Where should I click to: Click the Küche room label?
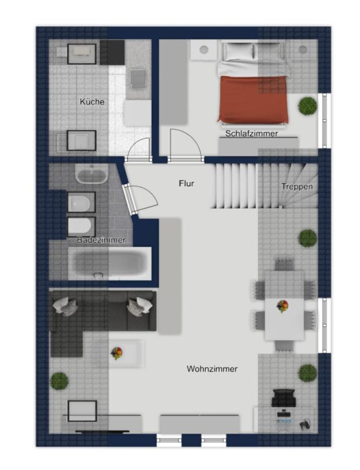[92, 101]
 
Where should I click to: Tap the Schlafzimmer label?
[251, 134]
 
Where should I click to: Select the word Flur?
[186, 183]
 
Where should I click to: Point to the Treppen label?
[297, 186]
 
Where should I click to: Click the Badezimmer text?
[101, 240]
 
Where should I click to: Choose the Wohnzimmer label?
[212, 369]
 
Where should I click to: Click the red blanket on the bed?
[254, 100]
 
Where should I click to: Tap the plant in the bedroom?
[307, 105]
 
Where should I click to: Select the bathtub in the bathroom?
[110, 263]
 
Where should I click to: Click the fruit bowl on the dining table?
[282, 306]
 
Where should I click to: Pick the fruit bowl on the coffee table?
[117, 353]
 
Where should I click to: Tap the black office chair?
[284, 398]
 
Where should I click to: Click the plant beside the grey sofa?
[59, 381]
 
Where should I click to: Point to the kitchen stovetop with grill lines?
[138, 79]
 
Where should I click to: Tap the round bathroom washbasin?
[92, 174]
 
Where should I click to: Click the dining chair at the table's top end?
[285, 264]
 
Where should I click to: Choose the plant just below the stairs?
[307, 238]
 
